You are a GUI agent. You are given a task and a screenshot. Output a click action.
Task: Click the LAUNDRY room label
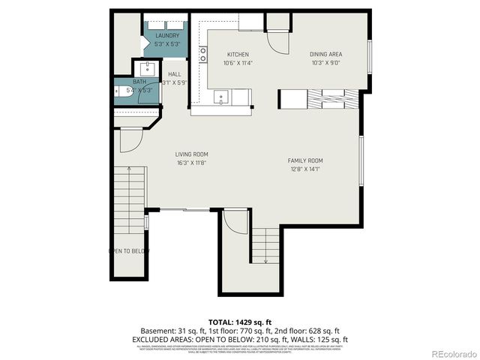pos(167,36)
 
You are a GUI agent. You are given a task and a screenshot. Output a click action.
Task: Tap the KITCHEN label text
pos(238,55)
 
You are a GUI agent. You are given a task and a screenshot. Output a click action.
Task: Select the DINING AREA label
pos(326,55)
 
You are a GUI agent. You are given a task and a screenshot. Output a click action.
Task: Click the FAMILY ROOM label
pos(305,160)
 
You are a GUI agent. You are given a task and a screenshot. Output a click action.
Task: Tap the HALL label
pos(175,74)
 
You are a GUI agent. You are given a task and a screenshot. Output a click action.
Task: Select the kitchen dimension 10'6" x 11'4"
pos(238,63)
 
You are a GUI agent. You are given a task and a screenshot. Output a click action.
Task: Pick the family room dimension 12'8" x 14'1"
pos(305,169)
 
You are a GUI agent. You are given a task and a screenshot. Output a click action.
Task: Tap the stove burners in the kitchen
pos(203,54)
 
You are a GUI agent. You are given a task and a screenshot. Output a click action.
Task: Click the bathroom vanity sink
pos(148,69)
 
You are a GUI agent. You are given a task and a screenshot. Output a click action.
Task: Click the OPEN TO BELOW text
pos(129,251)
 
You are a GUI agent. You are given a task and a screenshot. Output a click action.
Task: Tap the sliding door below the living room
pos(184,209)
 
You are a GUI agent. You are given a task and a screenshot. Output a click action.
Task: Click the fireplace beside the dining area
pos(330,100)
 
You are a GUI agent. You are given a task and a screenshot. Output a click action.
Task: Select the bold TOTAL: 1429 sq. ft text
pos(240,320)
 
